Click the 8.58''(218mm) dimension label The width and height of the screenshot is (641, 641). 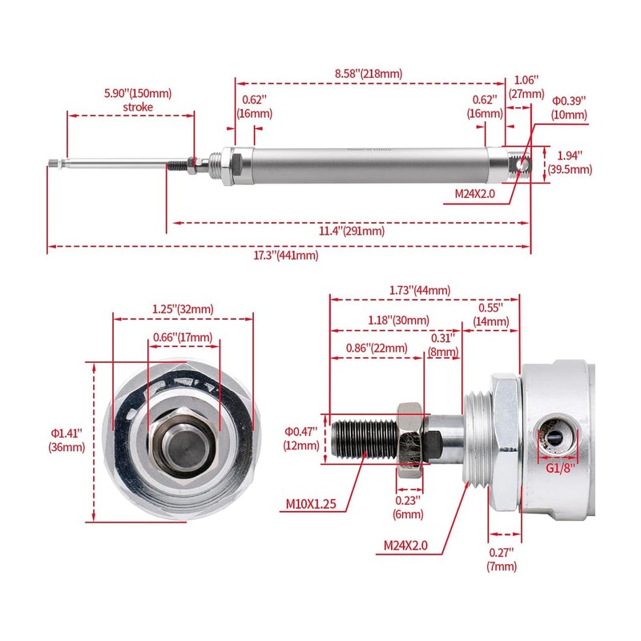(x=368, y=74)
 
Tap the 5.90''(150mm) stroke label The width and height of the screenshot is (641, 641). (x=138, y=100)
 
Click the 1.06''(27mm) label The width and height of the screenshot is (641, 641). (x=525, y=86)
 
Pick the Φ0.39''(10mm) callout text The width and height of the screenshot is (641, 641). (x=570, y=107)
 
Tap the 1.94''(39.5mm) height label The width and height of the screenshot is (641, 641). (x=570, y=162)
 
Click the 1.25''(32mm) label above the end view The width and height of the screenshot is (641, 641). (x=183, y=309)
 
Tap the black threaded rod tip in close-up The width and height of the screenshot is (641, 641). (x=361, y=438)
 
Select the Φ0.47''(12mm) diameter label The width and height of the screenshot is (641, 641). (x=303, y=437)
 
